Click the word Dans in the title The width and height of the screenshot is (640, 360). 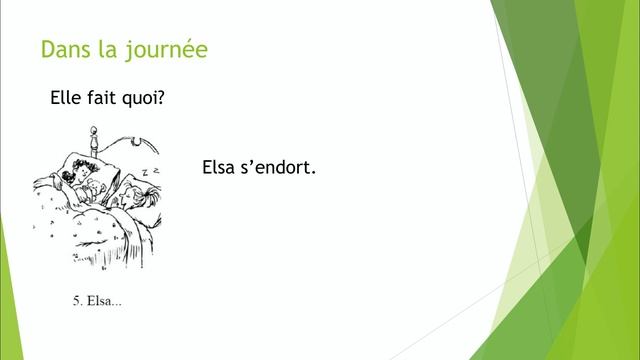point(62,49)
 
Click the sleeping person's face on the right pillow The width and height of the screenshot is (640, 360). point(125,197)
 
